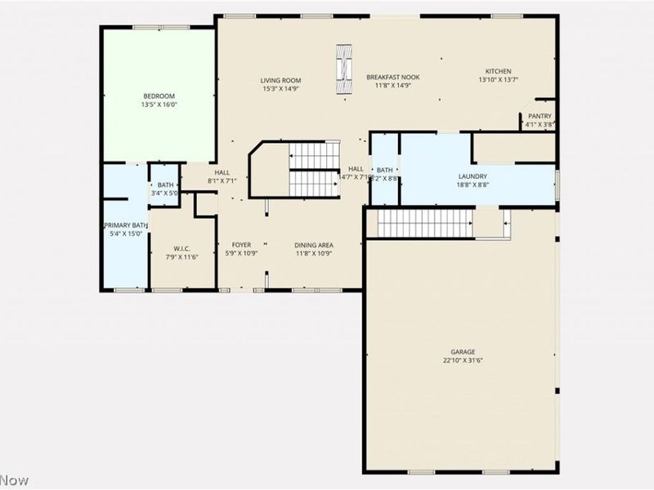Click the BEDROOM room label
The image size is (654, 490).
coord(159,96)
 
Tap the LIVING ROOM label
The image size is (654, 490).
coord(281,80)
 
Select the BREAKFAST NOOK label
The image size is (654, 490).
coord(392,77)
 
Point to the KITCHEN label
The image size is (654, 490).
coord(498,71)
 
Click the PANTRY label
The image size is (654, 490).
coord(540,116)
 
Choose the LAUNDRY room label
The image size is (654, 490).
coord(473,176)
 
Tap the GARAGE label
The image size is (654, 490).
coord(463,352)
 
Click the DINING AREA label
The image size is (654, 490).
coord(314,244)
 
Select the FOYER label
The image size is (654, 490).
coord(241,244)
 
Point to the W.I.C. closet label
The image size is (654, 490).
coord(181,248)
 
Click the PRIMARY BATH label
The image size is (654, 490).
coord(125,225)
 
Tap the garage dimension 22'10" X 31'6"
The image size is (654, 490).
coord(463,360)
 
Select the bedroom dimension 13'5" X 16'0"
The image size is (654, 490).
coord(159,105)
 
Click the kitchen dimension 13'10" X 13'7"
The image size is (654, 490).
coord(498,80)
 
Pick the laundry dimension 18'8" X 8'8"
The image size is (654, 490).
coord(473,185)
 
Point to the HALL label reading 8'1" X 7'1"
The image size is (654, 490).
coord(222,176)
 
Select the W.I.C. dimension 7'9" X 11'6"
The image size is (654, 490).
coord(181,257)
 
